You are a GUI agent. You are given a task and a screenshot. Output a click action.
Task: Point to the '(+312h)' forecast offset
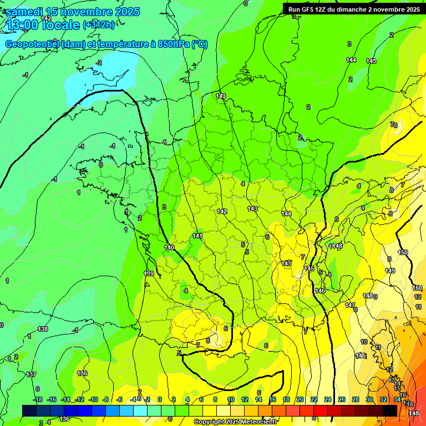click(x=98, y=25)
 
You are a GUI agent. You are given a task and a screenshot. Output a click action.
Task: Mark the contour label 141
click(x=197, y=236)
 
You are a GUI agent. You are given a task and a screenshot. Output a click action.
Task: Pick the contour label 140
click(x=169, y=247)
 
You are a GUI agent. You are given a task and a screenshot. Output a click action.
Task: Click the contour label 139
click(x=149, y=273)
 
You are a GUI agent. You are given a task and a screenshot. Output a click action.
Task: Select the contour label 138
click(x=43, y=329)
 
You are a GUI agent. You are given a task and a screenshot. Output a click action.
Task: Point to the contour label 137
click(x=31, y=375)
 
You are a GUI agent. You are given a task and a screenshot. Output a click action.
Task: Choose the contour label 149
click(x=390, y=271)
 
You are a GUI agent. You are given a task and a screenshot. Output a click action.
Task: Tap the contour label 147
click(x=349, y=306)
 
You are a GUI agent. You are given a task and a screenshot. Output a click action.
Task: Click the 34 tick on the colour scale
click(x=397, y=399)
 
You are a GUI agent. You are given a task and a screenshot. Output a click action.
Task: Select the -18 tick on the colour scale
click(x=38, y=399)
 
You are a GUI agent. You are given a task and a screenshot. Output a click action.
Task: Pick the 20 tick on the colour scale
click(x=300, y=399)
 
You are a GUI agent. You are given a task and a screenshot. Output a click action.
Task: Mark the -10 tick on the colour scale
click(x=94, y=399)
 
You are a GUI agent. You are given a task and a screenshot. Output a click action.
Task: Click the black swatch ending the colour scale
click(x=390, y=410)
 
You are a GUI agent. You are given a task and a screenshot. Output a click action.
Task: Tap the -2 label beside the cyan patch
click(x=99, y=63)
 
